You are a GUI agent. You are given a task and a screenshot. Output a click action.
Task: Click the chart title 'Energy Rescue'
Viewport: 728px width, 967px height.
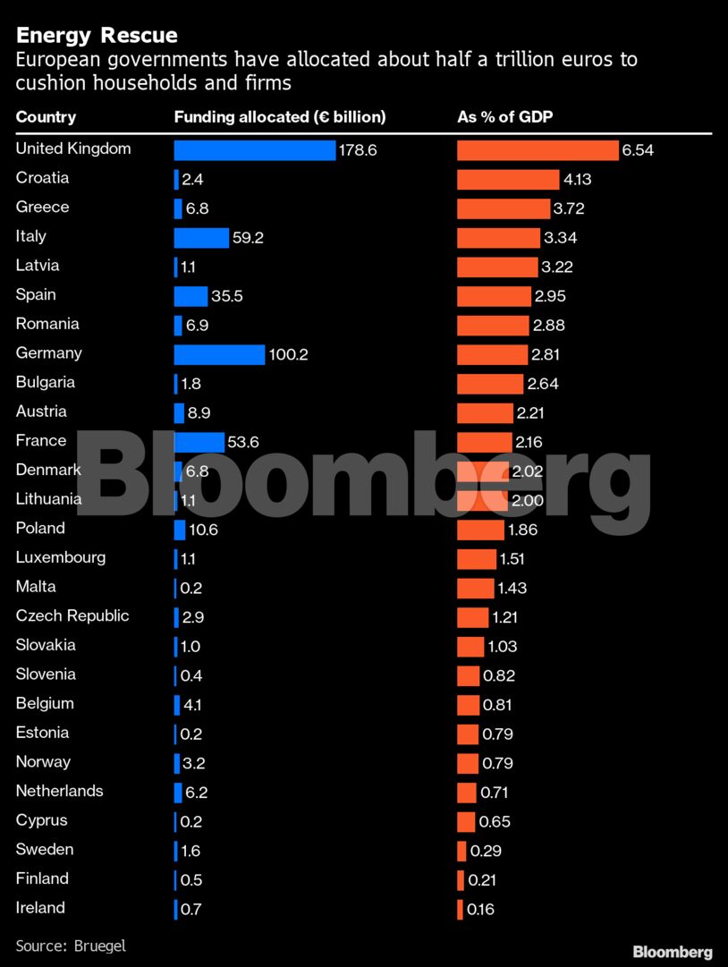tap(97, 36)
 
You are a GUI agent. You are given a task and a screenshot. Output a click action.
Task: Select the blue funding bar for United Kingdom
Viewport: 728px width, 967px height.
tap(254, 150)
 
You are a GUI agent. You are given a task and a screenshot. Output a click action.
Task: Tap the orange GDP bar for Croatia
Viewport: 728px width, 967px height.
tap(508, 179)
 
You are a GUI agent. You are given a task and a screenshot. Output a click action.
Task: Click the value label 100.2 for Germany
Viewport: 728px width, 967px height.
tap(288, 355)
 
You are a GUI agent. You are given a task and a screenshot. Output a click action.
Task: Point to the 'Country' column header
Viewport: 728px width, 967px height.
tap(46, 117)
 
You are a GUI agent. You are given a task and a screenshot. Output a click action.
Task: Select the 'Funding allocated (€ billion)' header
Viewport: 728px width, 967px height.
tap(279, 117)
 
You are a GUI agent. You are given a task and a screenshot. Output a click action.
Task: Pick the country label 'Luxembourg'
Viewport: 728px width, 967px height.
tap(61, 557)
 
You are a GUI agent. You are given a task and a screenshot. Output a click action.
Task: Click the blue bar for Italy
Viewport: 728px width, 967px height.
tap(201, 238)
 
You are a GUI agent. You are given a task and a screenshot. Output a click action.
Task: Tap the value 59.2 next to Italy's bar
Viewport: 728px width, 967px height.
tap(248, 238)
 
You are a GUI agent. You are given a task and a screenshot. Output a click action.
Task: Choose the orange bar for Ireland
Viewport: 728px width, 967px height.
tap(460, 910)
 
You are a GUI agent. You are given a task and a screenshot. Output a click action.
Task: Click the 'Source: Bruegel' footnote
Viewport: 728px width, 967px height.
tap(71, 945)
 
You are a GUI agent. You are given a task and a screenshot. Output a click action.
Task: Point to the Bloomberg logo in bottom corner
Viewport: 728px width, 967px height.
tap(673, 952)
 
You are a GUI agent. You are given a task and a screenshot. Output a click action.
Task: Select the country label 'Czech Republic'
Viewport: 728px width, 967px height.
tap(72, 615)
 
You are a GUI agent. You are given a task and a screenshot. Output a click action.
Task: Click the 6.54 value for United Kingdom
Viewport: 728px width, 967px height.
tap(638, 150)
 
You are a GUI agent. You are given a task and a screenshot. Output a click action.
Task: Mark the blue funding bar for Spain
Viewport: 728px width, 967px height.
tap(190, 296)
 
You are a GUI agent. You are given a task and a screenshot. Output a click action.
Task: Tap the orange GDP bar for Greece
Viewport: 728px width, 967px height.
tap(504, 208)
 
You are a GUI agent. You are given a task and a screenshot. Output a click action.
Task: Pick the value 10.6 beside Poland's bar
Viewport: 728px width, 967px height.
tap(203, 530)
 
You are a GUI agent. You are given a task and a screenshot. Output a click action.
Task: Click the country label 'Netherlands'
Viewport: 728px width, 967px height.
tap(59, 791)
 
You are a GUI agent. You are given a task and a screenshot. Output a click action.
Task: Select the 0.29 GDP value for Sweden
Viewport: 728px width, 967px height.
tap(487, 851)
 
